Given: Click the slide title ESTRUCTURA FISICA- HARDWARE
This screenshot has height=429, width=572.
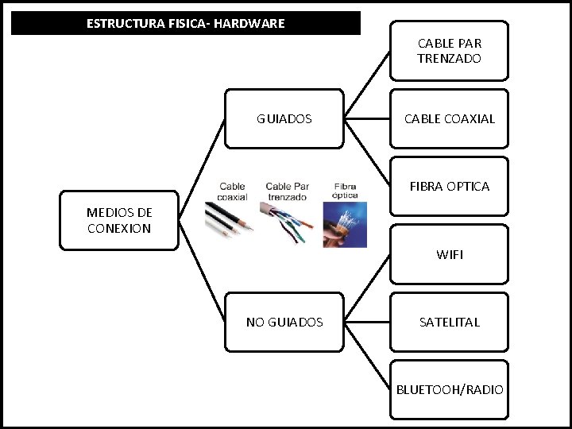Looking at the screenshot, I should (185, 23).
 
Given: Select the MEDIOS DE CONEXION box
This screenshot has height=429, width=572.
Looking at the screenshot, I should (119, 220).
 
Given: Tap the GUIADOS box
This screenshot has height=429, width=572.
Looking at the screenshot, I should (284, 119).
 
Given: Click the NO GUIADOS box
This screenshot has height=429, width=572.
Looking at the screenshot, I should (284, 322).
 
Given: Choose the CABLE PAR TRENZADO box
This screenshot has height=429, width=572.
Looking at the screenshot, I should (449, 51).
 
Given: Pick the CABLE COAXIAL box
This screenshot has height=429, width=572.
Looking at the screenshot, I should (449, 119).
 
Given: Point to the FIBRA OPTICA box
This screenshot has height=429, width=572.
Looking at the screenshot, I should (449, 187).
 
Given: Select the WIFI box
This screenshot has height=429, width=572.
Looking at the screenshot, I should (449, 254).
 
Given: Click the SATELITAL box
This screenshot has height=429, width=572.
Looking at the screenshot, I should (449, 322).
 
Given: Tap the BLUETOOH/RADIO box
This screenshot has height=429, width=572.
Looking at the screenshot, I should (449, 389).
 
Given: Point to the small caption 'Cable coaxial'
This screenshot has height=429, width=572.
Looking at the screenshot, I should (233, 191).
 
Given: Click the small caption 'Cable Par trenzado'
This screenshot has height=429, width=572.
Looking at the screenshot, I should (287, 191).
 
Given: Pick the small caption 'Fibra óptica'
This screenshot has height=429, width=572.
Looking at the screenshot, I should (346, 191).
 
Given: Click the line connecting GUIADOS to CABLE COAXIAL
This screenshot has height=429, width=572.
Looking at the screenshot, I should (366, 119).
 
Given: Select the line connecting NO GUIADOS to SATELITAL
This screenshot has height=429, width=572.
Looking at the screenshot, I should (366, 322).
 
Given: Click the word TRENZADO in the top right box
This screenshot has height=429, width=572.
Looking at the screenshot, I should (449, 59).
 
